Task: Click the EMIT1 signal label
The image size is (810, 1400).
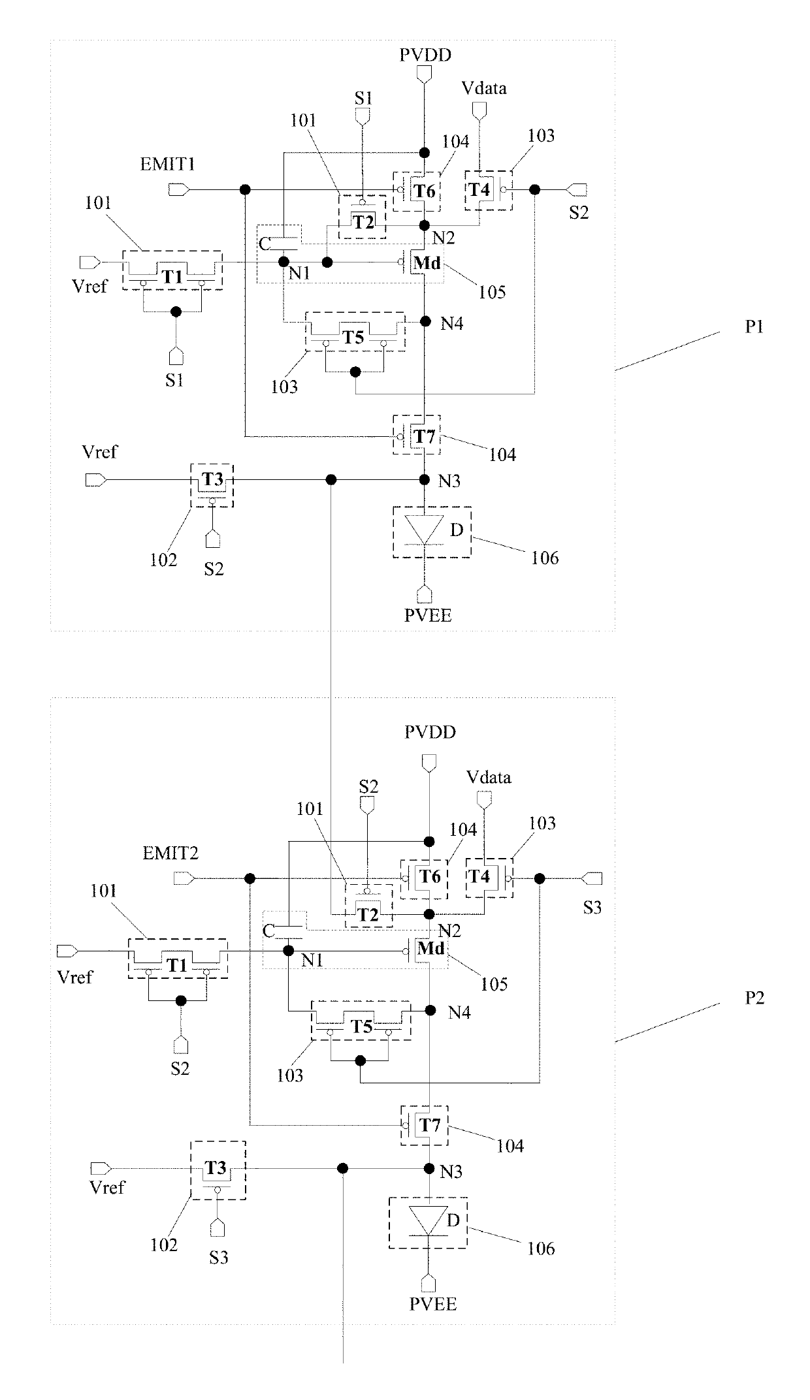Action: tap(168, 164)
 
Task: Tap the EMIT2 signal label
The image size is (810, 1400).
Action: tap(170, 852)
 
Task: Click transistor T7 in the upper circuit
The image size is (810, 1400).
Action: tap(417, 435)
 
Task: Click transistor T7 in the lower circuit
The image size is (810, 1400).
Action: tap(424, 1125)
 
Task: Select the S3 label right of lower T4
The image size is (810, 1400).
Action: tap(592, 907)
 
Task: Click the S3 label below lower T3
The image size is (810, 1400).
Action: tap(219, 1257)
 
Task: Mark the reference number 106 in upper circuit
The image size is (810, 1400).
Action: tap(545, 558)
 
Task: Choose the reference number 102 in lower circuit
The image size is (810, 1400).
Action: tap(163, 1245)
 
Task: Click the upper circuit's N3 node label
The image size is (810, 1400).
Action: tap(450, 481)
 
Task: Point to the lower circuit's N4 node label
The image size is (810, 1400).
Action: tap(460, 1012)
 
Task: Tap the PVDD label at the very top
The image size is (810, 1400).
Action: tap(425, 54)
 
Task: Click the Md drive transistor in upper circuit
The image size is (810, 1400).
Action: tap(424, 263)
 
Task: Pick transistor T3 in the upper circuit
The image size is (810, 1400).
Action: tap(212, 484)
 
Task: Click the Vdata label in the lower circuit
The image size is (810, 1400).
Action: tap(489, 777)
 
